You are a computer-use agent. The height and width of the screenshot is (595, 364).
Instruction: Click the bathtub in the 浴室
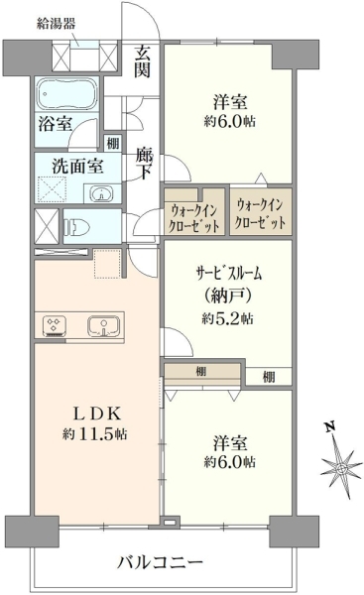pyautogui.click(x=67, y=94)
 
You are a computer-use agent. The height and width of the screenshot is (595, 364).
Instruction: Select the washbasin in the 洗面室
pyautogui.click(x=101, y=194)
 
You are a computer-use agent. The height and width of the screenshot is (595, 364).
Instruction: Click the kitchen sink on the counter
pyautogui.click(x=103, y=326)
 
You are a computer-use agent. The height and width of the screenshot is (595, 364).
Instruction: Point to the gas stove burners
pyautogui.click(x=55, y=326)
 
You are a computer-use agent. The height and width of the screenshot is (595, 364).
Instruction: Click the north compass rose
pyautogui.click(x=341, y=467)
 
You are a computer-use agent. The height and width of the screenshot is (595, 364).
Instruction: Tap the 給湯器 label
pyautogui.click(x=56, y=24)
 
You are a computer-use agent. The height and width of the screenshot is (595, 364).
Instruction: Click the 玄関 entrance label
pyautogui.click(x=143, y=61)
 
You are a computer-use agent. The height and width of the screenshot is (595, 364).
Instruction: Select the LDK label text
pyautogui.click(x=97, y=414)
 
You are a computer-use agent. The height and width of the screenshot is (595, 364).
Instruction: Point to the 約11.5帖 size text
pyautogui.click(x=94, y=433)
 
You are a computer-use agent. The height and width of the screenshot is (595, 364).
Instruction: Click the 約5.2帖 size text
pyautogui.click(x=227, y=318)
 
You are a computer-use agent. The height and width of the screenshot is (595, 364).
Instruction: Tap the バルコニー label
pyautogui.click(x=160, y=562)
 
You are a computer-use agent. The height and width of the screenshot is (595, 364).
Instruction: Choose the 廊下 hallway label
pyautogui.click(x=145, y=164)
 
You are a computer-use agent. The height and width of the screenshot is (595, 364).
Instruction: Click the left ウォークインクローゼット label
pyautogui.click(x=193, y=218)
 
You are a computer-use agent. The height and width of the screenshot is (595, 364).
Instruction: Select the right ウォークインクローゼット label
pyautogui.click(x=261, y=215)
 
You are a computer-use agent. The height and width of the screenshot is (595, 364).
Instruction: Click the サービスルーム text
pyautogui.click(x=229, y=274)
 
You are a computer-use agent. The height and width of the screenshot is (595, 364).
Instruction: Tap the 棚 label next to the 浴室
pyautogui.click(x=113, y=144)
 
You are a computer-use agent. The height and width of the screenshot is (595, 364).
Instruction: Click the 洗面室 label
pyautogui.click(x=77, y=167)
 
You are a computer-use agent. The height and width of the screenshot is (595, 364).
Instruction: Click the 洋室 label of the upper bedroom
pyautogui.click(x=230, y=102)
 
